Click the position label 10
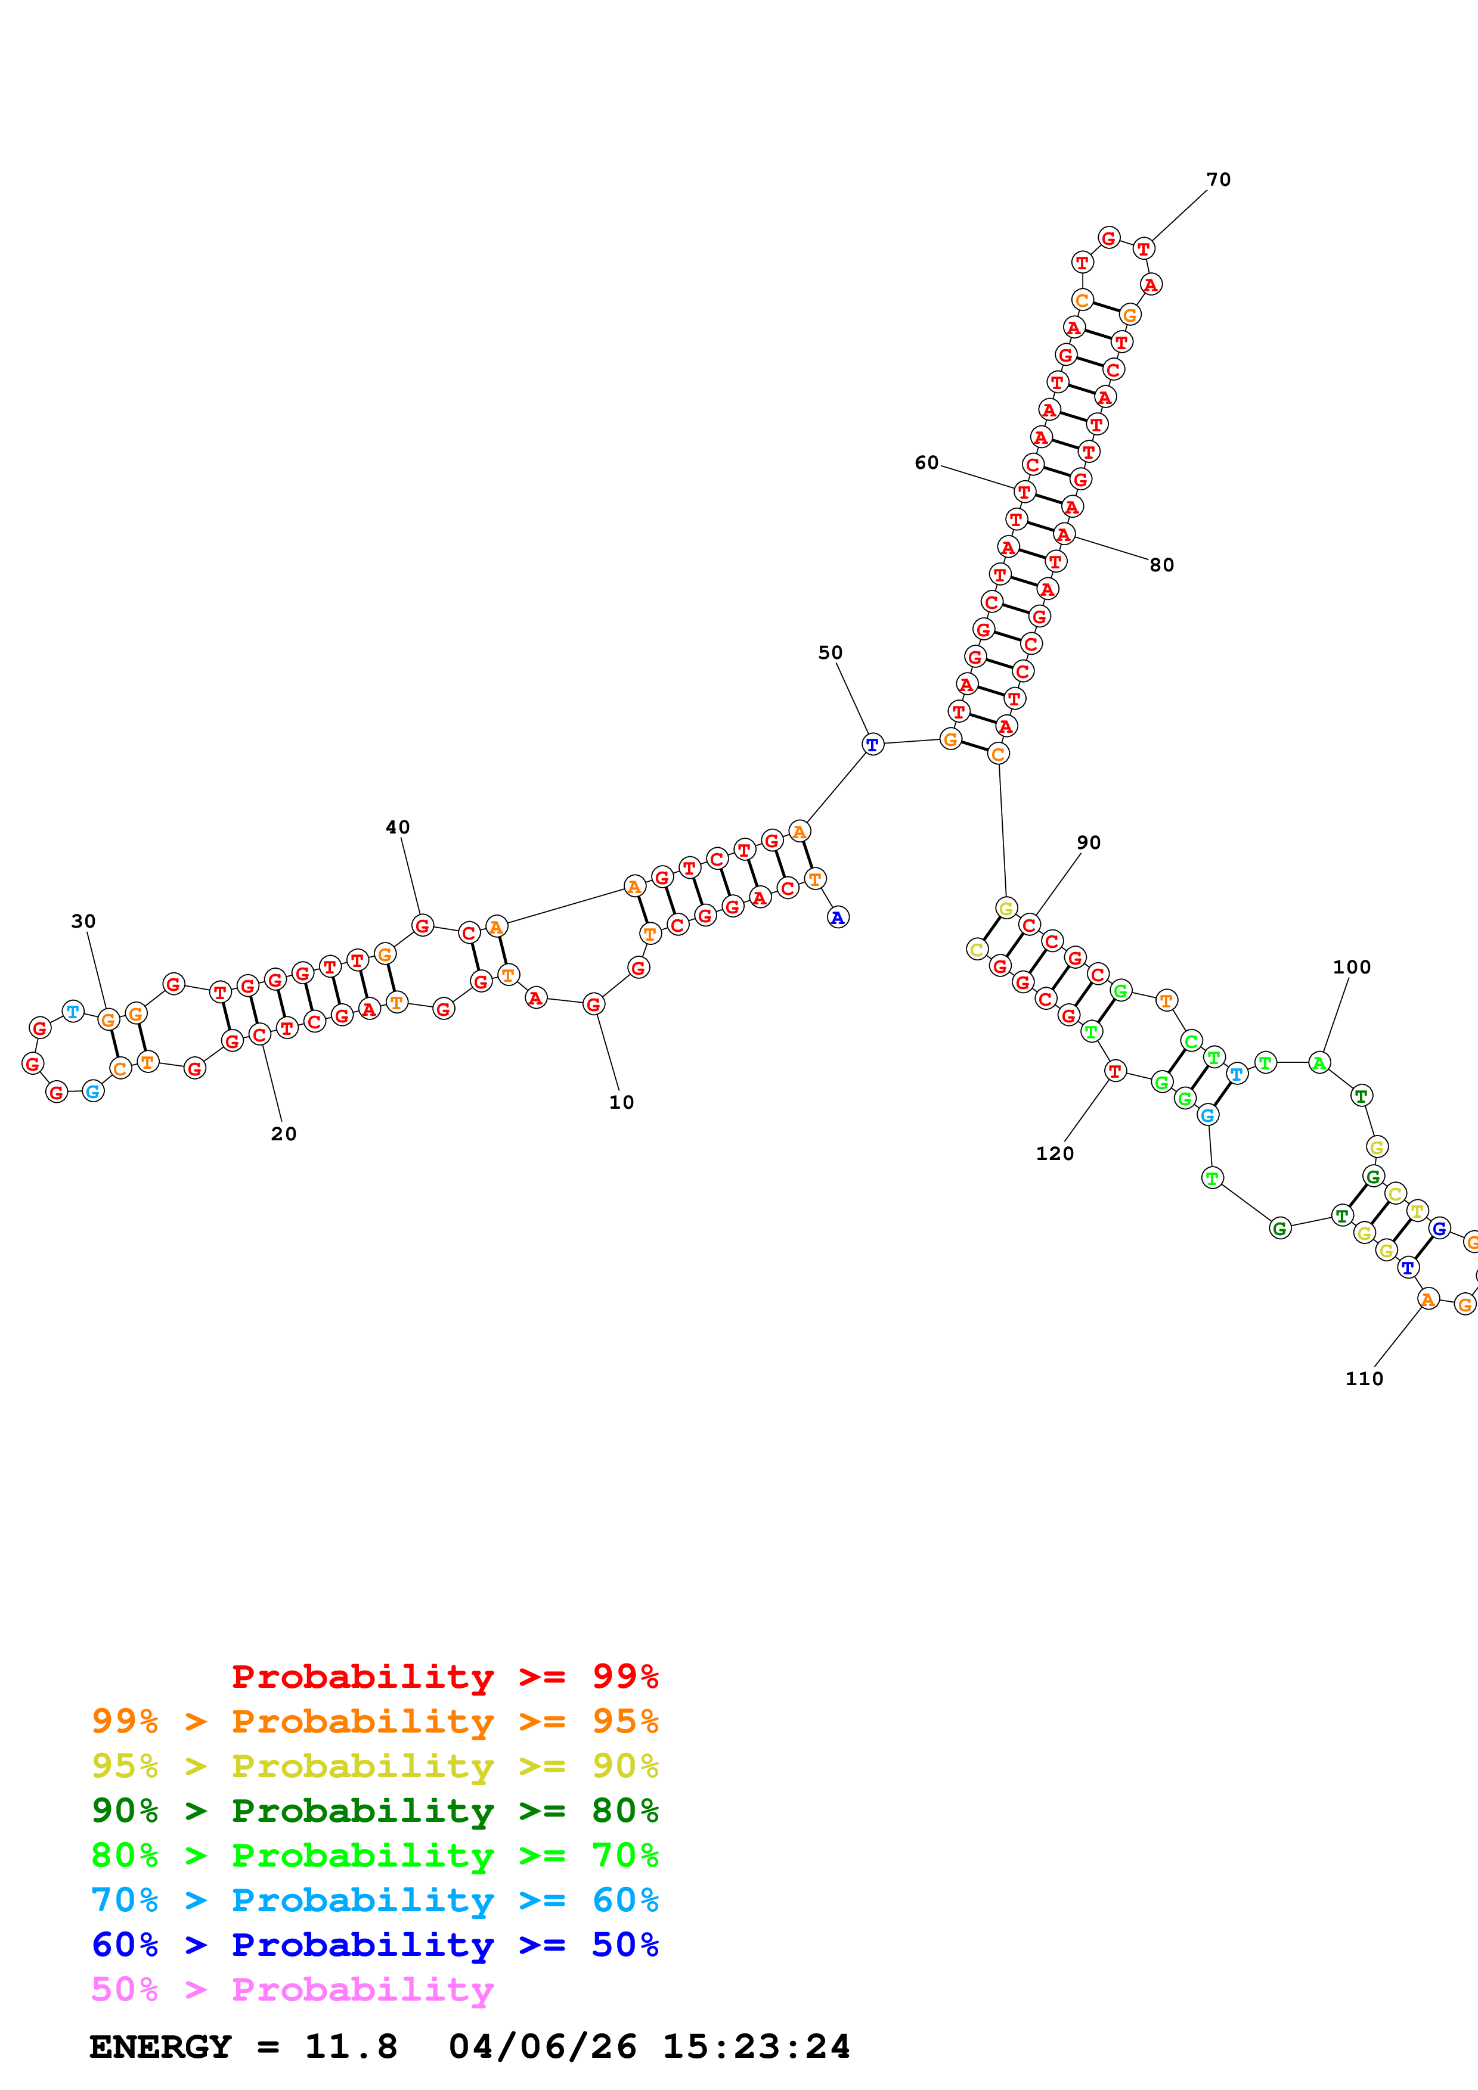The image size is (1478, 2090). pos(621,1102)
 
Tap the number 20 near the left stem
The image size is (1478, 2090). pos(283,1134)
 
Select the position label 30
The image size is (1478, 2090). pos(83,921)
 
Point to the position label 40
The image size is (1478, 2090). pos(397,828)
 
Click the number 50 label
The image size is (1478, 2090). pos(829,652)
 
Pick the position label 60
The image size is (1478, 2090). pos(926,464)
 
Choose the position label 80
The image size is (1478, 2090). pos(1161,565)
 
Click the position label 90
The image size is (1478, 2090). pos(1088,843)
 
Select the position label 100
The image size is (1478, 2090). pos(1352,968)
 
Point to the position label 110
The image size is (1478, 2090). pos(1364,1379)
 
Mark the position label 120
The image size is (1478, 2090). pos(1055,1154)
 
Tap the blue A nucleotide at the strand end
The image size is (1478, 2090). pos(838,918)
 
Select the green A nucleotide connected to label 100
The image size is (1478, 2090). pos(1319,1062)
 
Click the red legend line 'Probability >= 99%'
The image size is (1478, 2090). pos(444,1677)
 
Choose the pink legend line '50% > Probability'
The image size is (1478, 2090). pos(292,1990)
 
